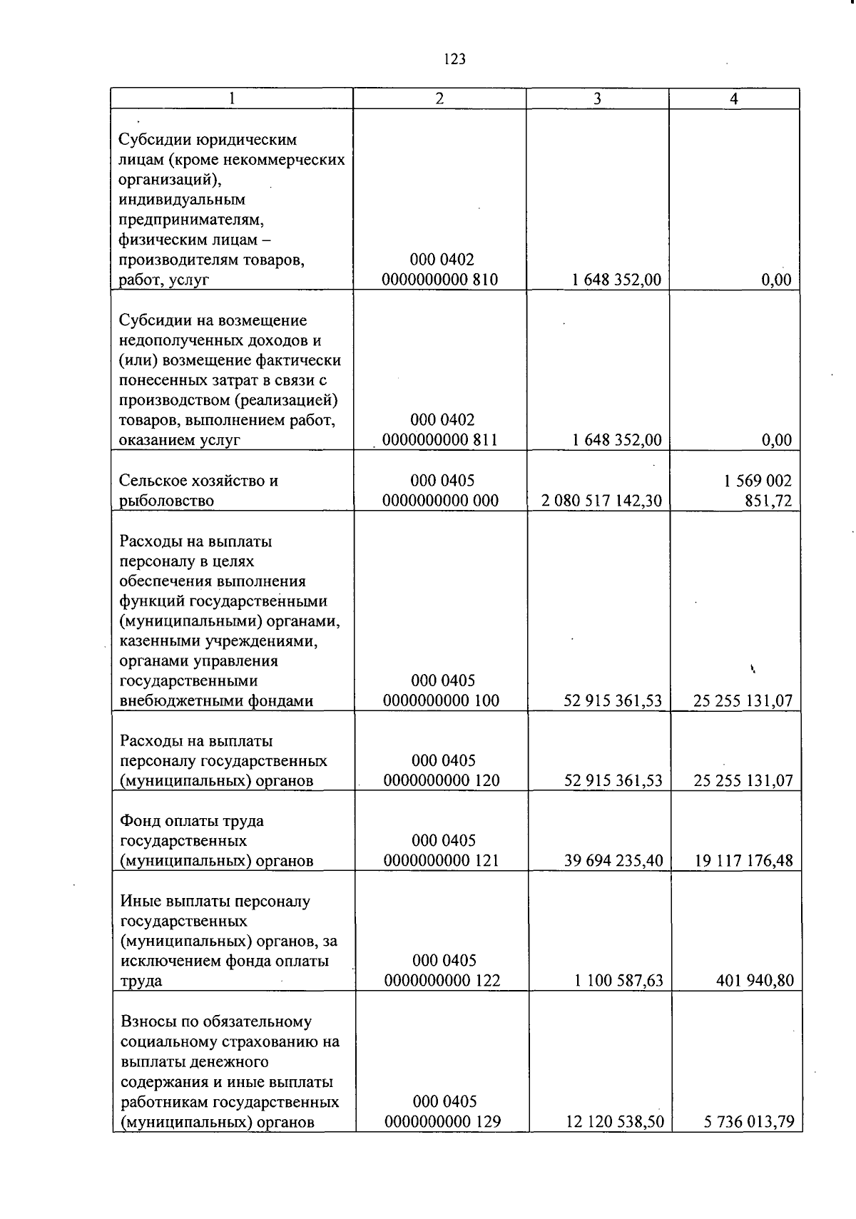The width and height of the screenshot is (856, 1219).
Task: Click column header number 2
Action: coord(439,99)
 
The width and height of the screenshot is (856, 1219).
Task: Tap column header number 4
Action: coord(733,99)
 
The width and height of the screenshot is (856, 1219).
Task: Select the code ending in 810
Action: coord(439,280)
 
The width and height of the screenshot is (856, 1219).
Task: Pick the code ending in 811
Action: coord(439,440)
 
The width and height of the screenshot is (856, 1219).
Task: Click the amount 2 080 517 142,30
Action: coord(601,501)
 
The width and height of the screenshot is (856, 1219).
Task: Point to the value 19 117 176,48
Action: coord(743,861)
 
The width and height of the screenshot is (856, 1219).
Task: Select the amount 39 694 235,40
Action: coord(613,861)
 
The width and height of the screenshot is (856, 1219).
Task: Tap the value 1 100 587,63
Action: coord(618,981)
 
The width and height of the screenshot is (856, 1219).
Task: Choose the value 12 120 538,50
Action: coord(615,1122)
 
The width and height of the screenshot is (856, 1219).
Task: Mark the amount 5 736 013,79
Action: coord(748,1122)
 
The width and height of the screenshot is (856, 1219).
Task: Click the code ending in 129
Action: coord(442,1122)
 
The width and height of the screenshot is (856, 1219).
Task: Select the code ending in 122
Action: coord(442,981)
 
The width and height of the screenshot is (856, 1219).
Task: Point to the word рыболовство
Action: coord(166,501)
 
